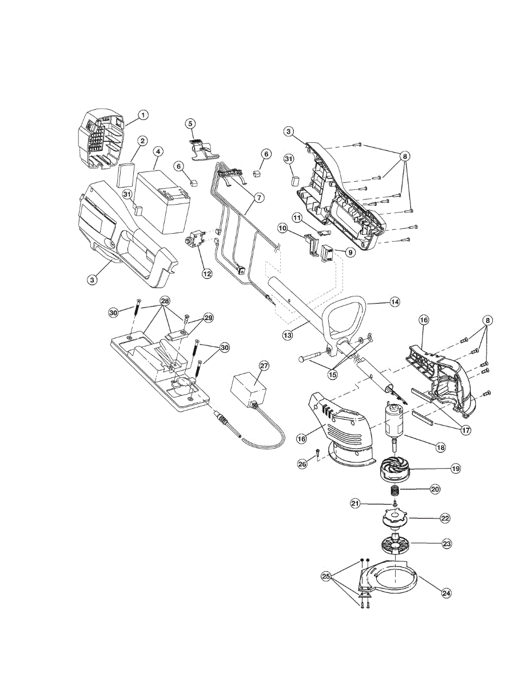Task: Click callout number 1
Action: point(144,115)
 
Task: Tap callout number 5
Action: point(190,123)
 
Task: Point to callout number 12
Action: point(207,274)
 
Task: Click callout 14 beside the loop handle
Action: point(395,302)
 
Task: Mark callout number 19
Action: point(455,469)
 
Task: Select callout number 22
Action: point(445,519)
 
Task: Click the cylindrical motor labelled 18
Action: point(392,424)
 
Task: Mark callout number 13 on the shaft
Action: point(288,335)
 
